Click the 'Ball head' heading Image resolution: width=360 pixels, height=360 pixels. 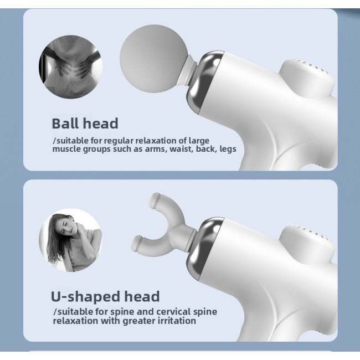(85, 123)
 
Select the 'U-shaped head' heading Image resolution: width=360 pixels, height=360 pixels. (105, 296)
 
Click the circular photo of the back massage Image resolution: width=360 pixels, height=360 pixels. (63, 65)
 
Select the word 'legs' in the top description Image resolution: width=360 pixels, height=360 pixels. (227, 149)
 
